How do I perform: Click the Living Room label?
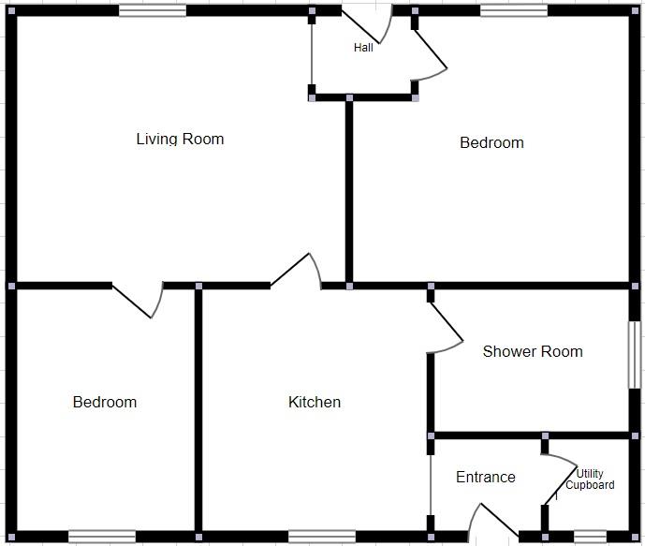coord(180,139)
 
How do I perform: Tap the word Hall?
coord(363,48)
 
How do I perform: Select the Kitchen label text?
coord(315,402)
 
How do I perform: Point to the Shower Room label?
coord(532,351)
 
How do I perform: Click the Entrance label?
coord(485,477)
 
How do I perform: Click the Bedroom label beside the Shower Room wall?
coord(491,142)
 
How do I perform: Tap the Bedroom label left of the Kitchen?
coord(105,402)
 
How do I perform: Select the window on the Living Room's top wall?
coord(153,11)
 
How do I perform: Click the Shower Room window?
coord(634,354)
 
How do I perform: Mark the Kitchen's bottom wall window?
coord(321,537)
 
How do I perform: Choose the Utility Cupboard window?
coord(590,537)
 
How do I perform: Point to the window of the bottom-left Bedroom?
coord(102,537)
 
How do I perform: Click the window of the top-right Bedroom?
coord(513,11)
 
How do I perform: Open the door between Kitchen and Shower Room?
coord(447,328)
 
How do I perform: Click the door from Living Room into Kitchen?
coord(298,269)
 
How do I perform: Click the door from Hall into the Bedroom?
coord(431,56)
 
